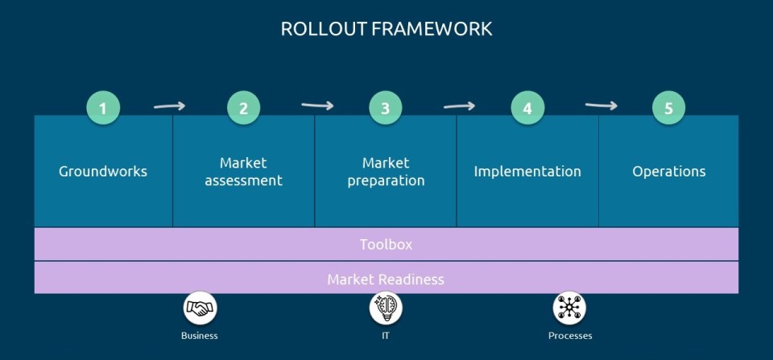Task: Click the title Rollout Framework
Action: point(386,29)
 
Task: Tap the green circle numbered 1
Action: point(102,108)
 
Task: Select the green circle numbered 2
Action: point(244,108)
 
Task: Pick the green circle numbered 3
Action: point(386,108)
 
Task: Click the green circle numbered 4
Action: point(527,108)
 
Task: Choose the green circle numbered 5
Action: point(669,108)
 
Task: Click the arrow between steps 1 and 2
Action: point(170,106)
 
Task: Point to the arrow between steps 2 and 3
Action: point(317,105)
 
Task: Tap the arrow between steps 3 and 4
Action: point(459,106)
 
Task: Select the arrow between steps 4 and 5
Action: point(601,105)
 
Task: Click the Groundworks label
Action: point(103,172)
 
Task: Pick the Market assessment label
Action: point(244,172)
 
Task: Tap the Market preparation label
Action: point(386,172)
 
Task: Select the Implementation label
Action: point(527,172)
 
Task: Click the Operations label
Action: point(669,172)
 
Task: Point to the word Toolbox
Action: point(386,244)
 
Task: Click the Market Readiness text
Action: point(386,279)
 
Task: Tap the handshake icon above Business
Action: point(200,308)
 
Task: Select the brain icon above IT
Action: point(386,308)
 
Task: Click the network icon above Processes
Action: point(570,308)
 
